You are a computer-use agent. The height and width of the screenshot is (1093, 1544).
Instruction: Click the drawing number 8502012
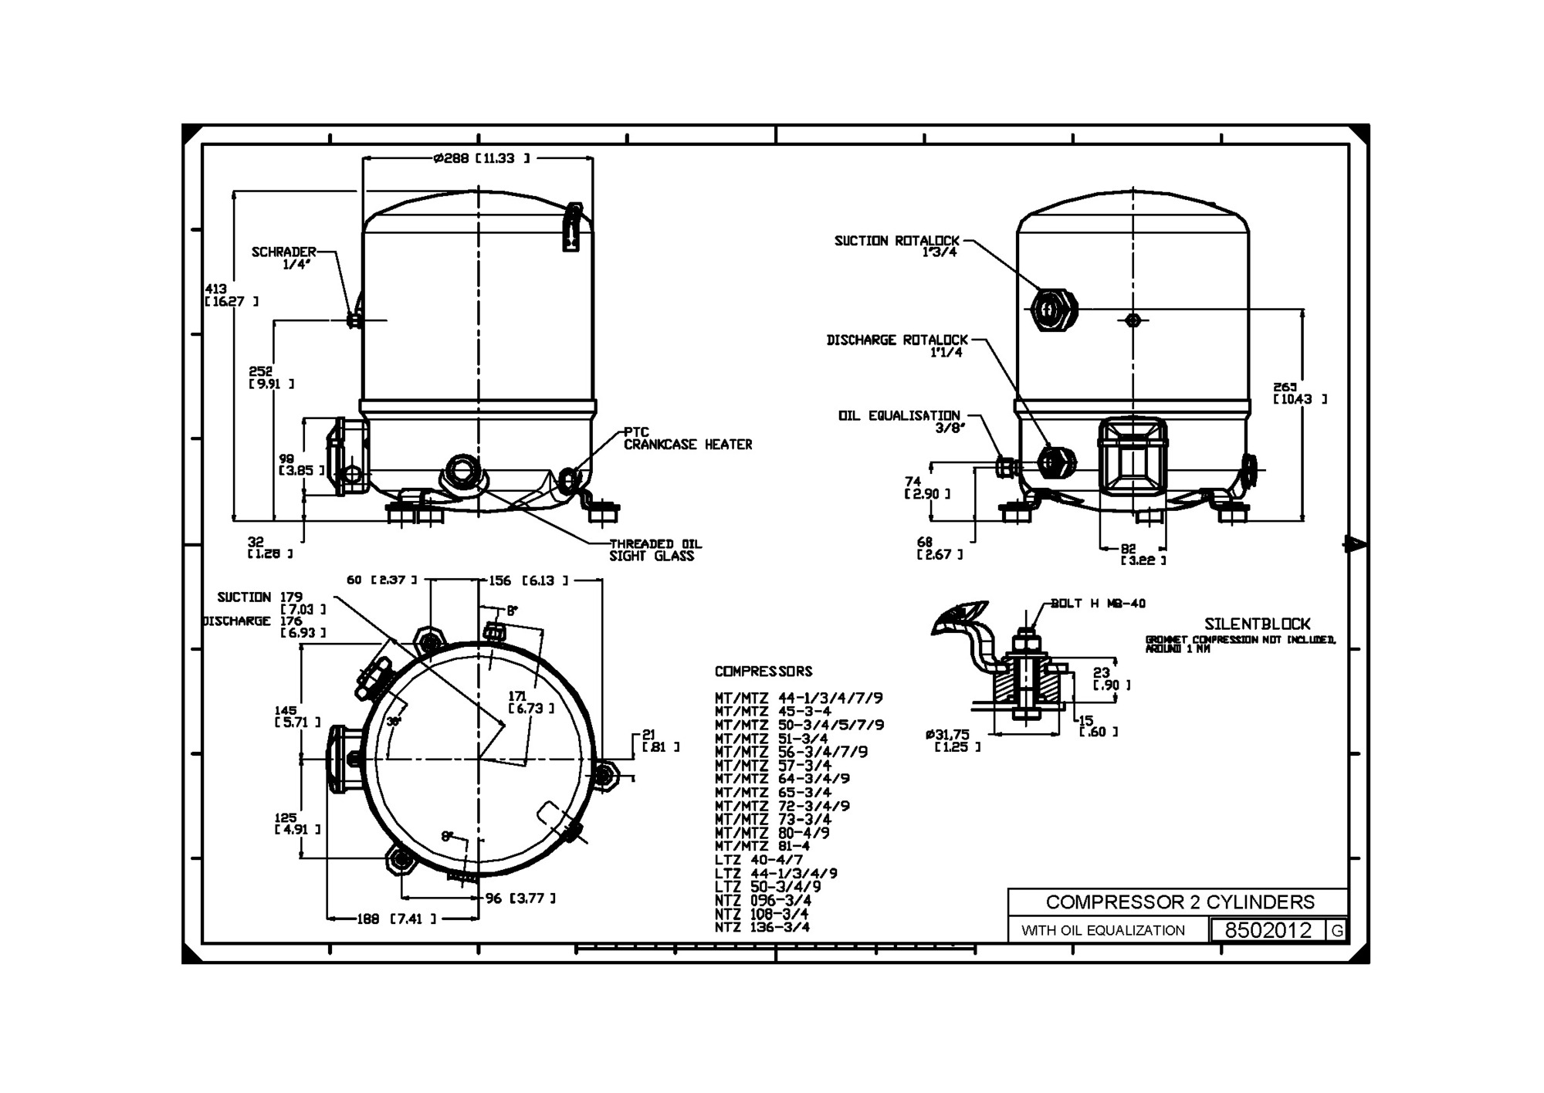coord(1268,930)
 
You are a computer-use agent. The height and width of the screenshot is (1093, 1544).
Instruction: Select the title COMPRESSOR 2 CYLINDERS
coord(1180,902)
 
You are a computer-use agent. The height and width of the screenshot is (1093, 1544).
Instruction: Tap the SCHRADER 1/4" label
coord(285,258)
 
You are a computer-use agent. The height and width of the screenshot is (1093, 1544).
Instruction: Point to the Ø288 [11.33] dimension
coord(482,158)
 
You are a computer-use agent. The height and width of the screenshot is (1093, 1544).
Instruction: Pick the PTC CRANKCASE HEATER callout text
coord(686,438)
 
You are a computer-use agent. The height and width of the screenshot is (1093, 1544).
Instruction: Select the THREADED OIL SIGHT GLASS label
coord(655,550)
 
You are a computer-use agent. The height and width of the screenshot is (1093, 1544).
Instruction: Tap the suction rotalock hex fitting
coord(1053,310)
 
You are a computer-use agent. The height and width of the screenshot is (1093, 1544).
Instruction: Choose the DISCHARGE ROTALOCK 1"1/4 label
coord(897,346)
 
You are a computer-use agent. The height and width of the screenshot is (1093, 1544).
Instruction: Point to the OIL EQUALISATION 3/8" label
coord(900,421)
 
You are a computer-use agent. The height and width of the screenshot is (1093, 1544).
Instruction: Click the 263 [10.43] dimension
coord(1299,393)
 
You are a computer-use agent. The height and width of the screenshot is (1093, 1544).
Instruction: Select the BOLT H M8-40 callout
coord(1098,604)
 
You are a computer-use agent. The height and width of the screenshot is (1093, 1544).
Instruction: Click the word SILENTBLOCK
coord(1257,624)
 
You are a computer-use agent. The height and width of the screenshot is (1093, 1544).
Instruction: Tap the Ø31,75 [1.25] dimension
coord(953,740)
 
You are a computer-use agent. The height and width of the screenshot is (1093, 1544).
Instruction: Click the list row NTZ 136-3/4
coord(762,927)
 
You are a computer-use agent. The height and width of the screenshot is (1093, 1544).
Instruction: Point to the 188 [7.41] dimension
coord(395,919)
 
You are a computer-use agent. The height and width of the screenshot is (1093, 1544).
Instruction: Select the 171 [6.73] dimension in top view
coord(530,702)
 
